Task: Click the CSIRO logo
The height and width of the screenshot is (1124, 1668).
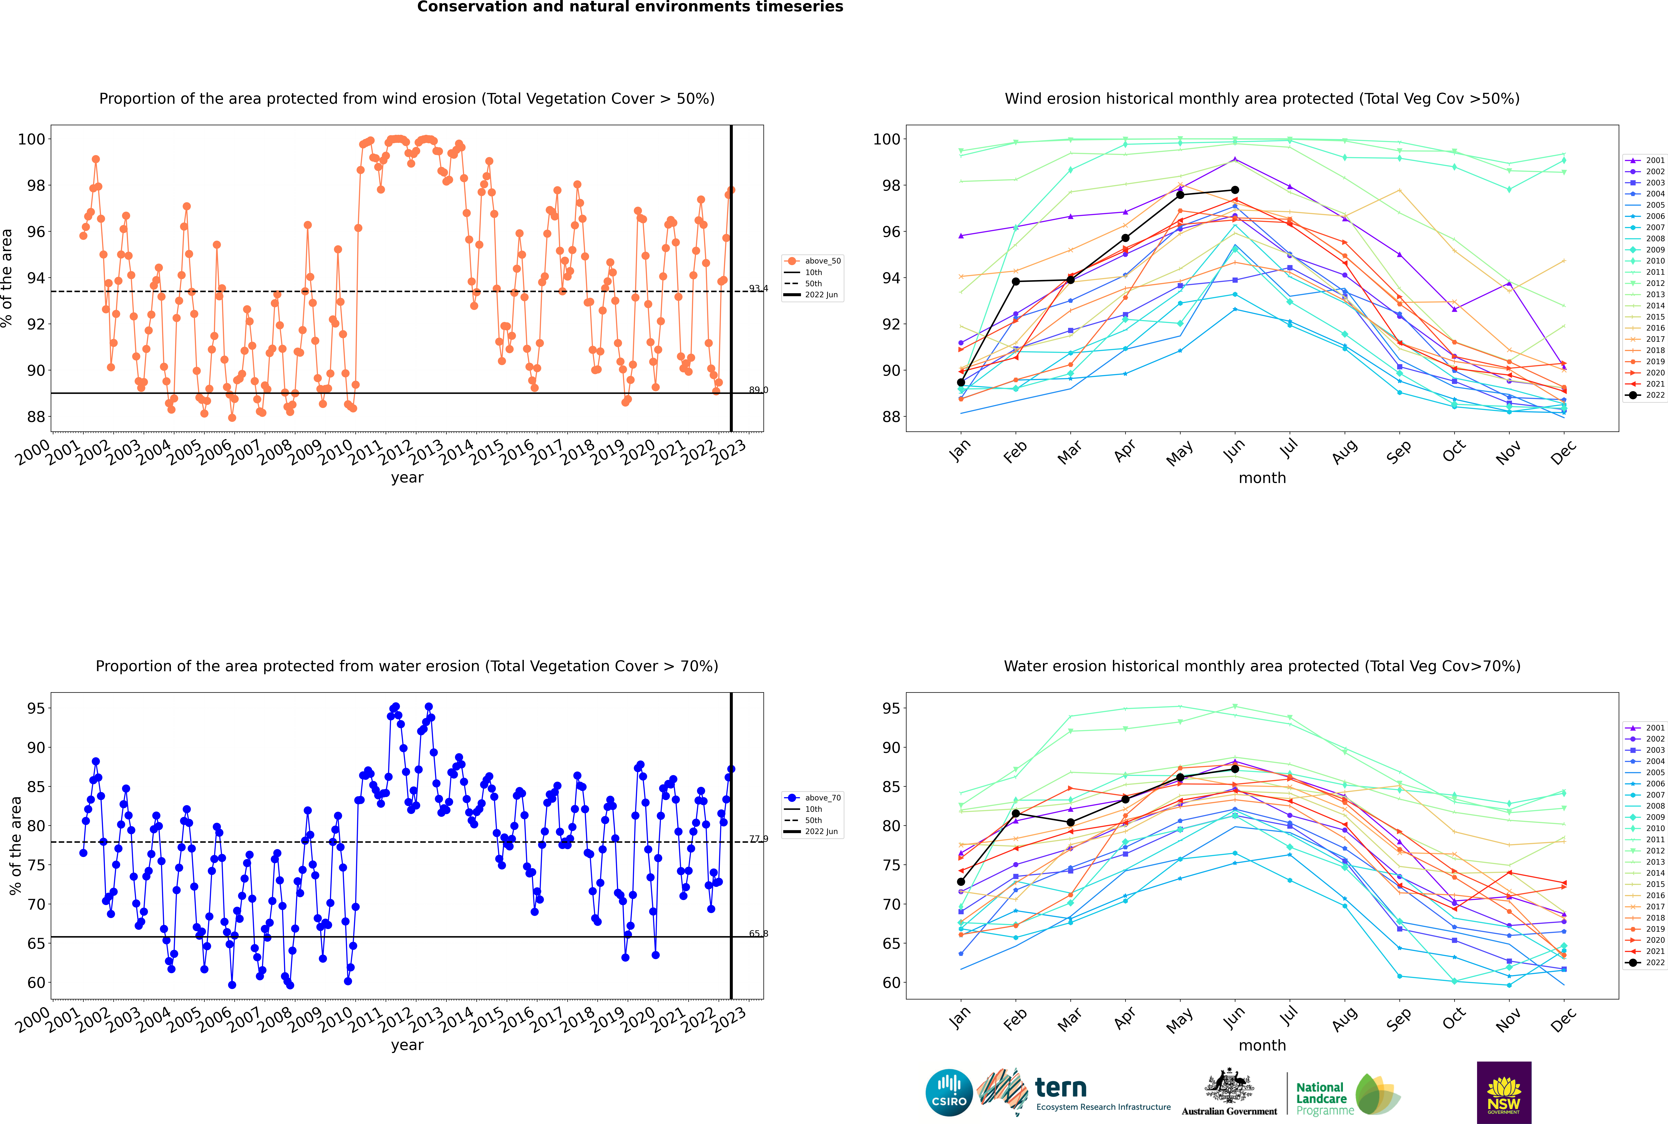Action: [x=949, y=1093]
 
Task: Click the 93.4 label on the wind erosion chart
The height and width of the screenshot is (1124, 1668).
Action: [x=758, y=288]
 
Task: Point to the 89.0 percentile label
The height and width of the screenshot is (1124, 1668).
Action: [x=758, y=390]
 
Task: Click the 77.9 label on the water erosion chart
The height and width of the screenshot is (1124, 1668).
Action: [x=758, y=839]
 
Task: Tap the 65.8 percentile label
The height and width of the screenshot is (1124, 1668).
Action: [x=758, y=933]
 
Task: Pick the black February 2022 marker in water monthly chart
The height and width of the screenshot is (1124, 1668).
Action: [x=1015, y=814]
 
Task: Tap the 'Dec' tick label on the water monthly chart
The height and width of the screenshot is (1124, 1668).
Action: [x=1563, y=1018]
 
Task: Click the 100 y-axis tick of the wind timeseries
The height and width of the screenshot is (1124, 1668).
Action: [x=31, y=139]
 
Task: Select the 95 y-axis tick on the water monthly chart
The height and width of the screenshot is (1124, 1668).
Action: [x=891, y=708]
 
